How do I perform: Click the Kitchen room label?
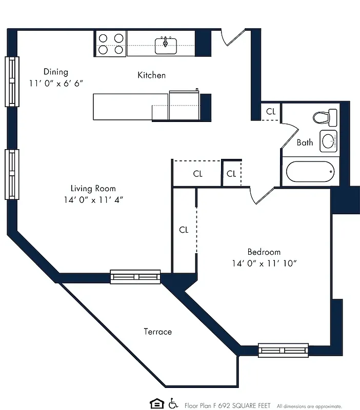(151, 75)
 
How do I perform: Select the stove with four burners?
(110, 44)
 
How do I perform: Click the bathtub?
(310, 171)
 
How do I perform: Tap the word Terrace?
(157, 332)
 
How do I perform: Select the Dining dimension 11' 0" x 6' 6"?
(55, 83)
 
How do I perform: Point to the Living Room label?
(93, 188)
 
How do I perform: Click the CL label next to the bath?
(271, 111)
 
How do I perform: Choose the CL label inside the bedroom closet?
(184, 230)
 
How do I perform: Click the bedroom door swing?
(262, 195)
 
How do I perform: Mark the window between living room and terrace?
(135, 277)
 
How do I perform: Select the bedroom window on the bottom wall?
(283, 351)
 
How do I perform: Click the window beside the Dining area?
(12, 81)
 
